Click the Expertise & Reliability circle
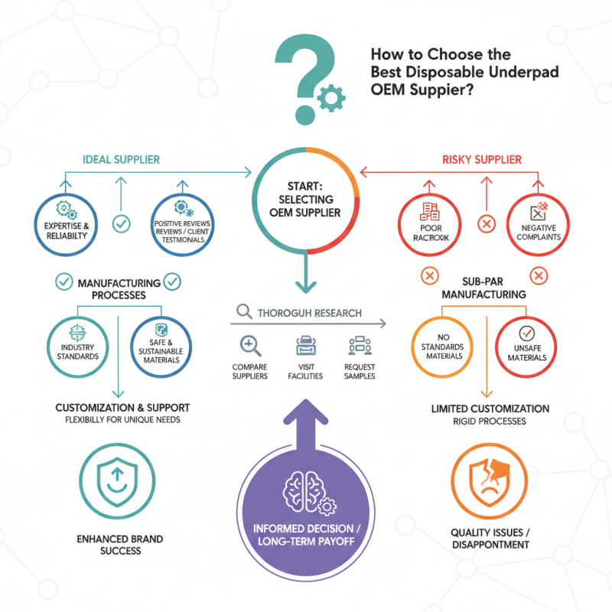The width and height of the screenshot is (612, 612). (x=65, y=222)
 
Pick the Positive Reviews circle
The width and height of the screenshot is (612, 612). (x=182, y=222)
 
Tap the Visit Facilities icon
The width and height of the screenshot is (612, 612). (x=305, y=347)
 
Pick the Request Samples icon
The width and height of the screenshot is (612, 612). (x=359, y=347)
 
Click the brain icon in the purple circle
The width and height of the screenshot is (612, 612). (x=305, y=490)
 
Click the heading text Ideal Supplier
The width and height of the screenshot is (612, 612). (x=119, y=160)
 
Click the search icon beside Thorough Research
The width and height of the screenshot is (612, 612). (x=245, y=311)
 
